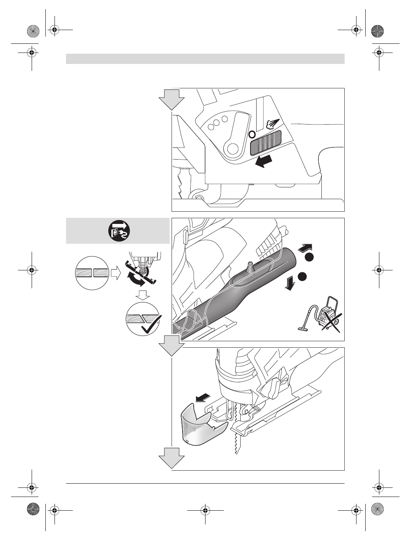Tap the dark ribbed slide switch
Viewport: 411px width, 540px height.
coord(266,143)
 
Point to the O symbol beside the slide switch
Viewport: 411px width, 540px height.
coord(252,134)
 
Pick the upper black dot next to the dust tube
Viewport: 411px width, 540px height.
coord(309,257)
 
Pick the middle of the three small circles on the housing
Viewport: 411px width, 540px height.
coord(216,123)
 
